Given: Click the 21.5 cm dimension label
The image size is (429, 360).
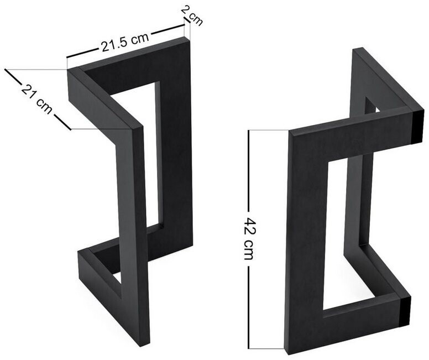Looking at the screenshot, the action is pos(125,43).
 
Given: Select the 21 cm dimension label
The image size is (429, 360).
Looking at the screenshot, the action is pos(36,99).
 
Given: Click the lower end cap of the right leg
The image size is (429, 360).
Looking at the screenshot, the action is pos(405,311).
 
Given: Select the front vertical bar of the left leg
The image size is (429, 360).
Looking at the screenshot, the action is pos(133,236).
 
